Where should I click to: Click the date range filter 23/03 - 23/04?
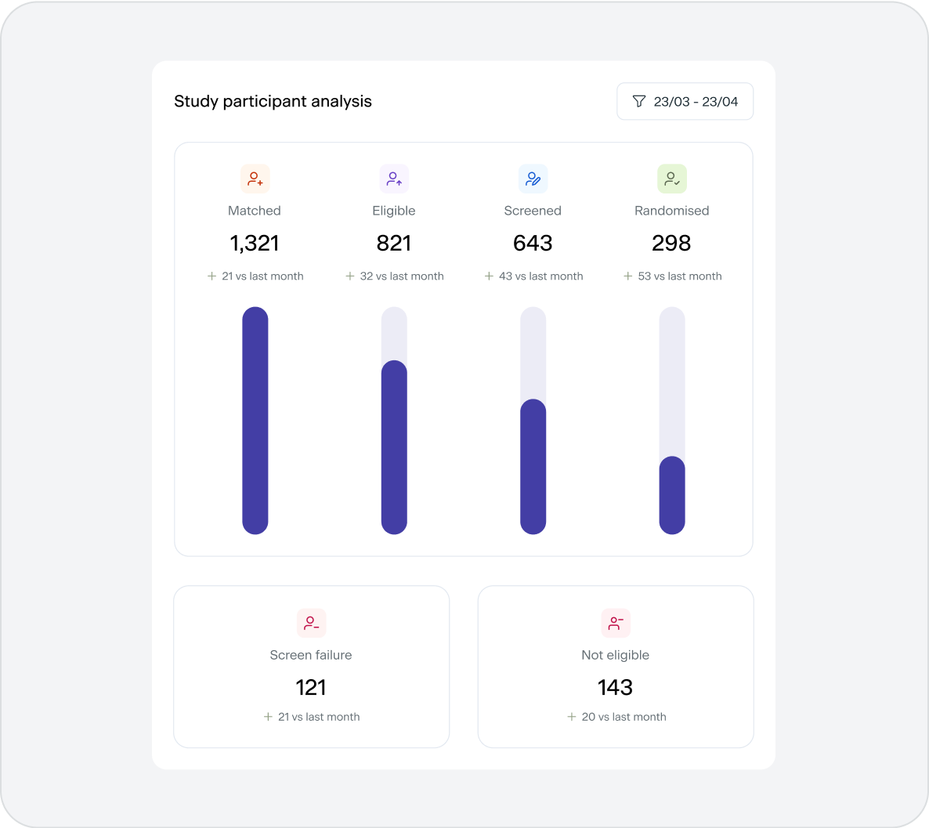click(685, 102)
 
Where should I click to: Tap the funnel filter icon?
click(639, 102)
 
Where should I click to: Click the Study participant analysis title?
click(273, 102)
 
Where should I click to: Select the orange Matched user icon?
click(255, 179)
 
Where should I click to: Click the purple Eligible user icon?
click(394, 179)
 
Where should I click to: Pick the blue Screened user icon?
click(533, 179)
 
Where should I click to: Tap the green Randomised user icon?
click(671, 179)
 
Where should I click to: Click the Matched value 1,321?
click(255, 244)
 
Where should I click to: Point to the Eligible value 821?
click(394, 244)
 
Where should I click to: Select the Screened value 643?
click(533, 244)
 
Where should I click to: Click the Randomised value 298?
click(671, 244)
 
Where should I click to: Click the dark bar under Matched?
click(255, 421)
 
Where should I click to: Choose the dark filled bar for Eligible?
click(394, 447)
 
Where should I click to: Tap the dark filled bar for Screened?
click(533, 467)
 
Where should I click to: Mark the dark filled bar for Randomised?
click(672, 495)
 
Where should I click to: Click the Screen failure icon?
click(311, 624)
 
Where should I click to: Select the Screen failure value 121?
click(311, 688)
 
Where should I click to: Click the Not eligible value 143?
click(615, 688)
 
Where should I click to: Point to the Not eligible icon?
click(616, 624)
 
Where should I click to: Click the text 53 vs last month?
click(679, 277)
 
